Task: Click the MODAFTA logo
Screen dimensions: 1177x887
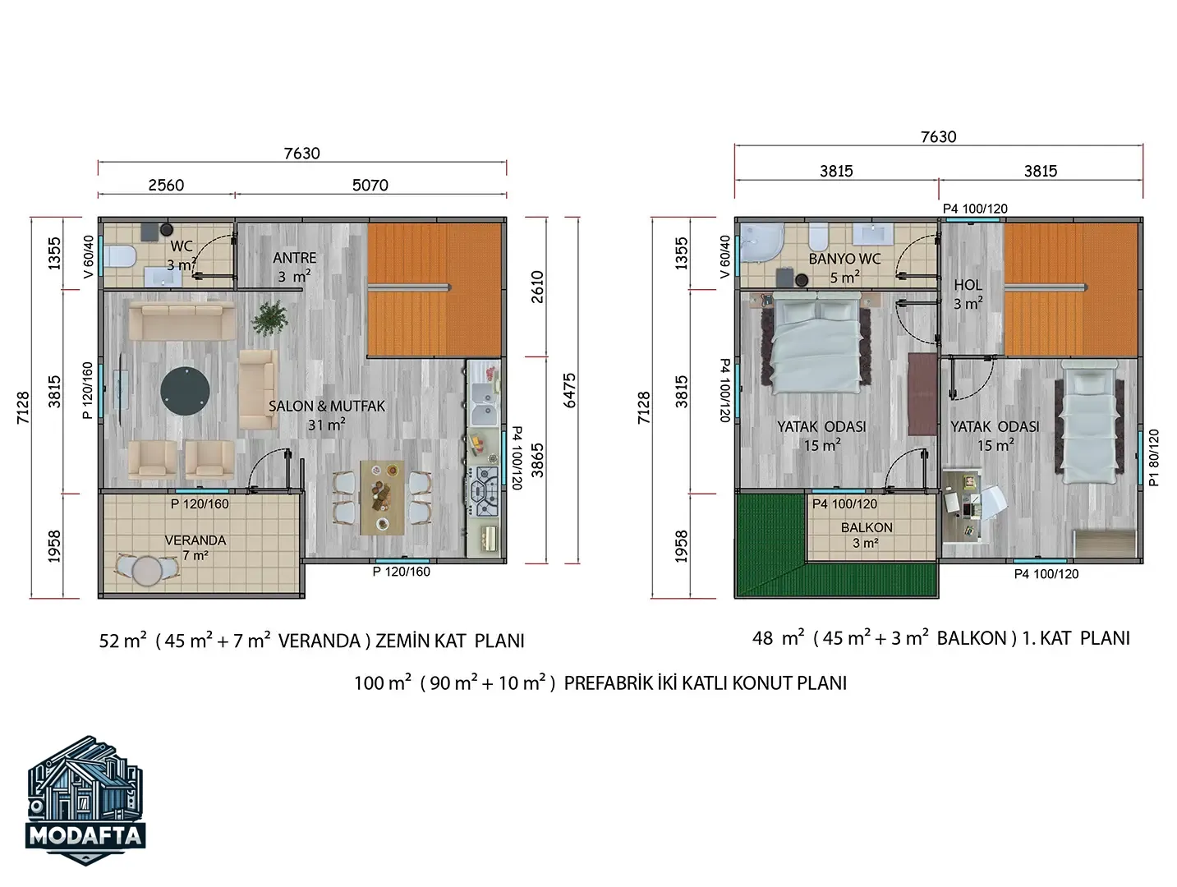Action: (x=85, y=800)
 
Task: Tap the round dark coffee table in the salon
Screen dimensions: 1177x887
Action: (x=185, y=391)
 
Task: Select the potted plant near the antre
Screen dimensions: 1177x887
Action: (x=269, y=318)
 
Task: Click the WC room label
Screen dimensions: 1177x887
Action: (x=182, y=246)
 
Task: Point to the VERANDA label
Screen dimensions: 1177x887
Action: (x=195, y=540)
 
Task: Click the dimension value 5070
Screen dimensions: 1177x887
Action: (x=370, y=186)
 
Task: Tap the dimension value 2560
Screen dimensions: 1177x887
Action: (x=166, y=186)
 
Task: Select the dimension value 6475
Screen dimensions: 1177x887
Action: (x=569, y=391)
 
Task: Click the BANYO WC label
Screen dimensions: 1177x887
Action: (x=844, y=259)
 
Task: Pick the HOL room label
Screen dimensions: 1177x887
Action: (x=968, y=285)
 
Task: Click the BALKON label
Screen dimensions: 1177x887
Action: (x=867, y=528)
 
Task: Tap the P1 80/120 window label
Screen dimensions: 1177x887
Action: (x=1154, y=457)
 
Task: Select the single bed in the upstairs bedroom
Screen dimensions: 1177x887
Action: (x=1089, y=422)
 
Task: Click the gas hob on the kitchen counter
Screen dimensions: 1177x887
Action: (x=485, y=491)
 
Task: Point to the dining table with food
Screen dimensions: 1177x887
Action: (x=382, y=498)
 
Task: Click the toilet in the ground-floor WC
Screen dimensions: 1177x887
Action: (x=118, y=257)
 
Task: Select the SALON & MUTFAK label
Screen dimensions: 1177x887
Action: (x=327, y=407)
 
